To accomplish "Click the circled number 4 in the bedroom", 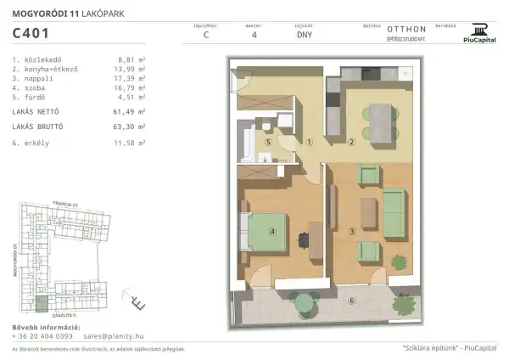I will tap(273, 230).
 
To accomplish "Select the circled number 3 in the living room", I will tap(350, 231).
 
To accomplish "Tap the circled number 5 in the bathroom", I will tap(268, 143).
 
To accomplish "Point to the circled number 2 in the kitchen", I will tap(350, 143).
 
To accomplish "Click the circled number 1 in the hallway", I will tap(310, 143).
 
